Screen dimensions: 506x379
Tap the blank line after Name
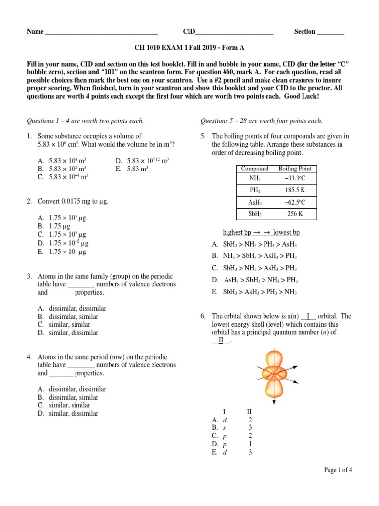coord(101,33)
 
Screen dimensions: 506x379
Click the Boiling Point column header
coord(295,169)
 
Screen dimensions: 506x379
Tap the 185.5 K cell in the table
coord(295,190)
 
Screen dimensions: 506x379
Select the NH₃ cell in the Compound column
coord(255,178)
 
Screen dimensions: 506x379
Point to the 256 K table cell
coord(295,213)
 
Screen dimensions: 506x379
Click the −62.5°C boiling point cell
coord(295,202)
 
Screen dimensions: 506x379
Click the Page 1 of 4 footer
coord(338,470)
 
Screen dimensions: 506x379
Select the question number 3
coord(30,276)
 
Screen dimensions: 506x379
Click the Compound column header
coord(255,169)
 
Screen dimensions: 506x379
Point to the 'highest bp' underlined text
coord(240,232)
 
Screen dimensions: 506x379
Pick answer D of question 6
coord(215,444)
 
